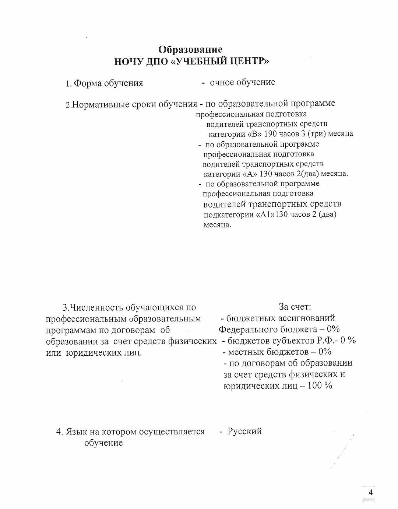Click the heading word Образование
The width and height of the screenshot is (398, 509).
190,49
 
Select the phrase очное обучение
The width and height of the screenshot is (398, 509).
242,82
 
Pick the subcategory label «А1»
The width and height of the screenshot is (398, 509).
264,215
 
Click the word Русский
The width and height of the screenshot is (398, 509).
245,431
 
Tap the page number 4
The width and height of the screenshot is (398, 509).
370,493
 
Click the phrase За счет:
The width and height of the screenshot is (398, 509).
295,307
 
